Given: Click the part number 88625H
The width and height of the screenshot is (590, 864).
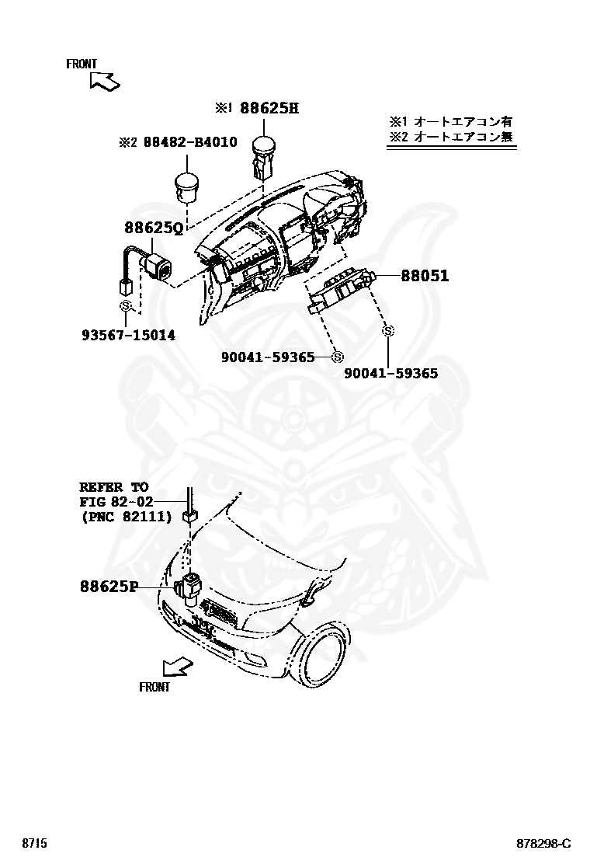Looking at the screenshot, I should (x=269, y=108).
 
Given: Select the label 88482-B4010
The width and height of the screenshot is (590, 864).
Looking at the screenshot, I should (x=189, y=142).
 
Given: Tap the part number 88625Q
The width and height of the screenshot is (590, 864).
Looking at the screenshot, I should (x=154, y=228).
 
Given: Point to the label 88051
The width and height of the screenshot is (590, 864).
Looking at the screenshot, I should (x=425, y=276).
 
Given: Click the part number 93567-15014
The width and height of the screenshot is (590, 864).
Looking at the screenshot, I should (x=128, y=336).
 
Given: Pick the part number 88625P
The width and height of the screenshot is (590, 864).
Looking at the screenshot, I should (x=108, y=587).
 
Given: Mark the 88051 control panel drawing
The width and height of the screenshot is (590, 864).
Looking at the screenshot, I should (x=342, y=294).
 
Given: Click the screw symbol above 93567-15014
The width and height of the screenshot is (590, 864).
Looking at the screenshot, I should (x=124, y=307).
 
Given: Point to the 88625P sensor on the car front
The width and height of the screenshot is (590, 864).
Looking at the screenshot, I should (x=189, y=587).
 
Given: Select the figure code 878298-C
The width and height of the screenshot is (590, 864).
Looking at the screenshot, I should (x=544, y=844).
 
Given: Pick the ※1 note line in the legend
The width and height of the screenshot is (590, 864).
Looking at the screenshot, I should (x=450, y=122).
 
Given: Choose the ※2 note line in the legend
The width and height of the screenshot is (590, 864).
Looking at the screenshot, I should (x=450, y=138).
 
